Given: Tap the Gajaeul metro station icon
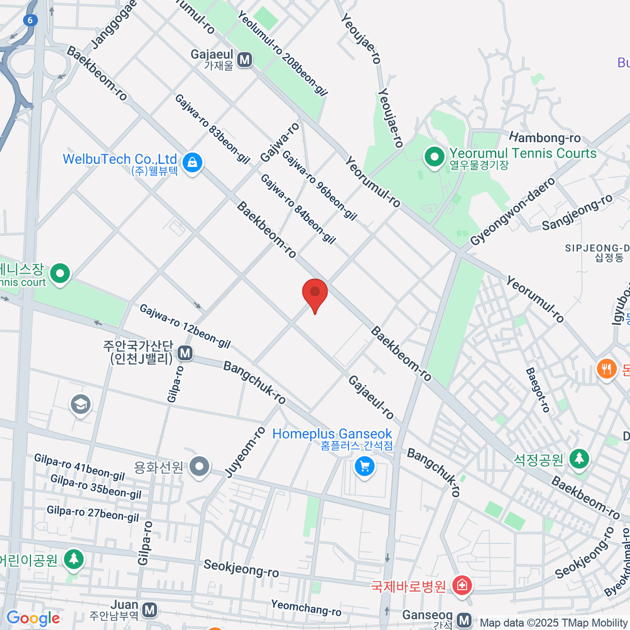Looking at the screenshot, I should (x=244, y=60).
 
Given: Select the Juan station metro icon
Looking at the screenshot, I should (x=150, y=610).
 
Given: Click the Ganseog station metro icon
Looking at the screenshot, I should (x=464, y=620).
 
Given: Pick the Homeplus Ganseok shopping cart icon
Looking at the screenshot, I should (x=364, y=466).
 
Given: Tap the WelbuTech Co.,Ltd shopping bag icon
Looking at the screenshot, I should (x=193, y=163).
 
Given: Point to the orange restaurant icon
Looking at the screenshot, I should (x=606, y=369).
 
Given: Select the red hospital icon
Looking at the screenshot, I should (x=462, y=585).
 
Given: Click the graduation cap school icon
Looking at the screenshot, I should (x=80, y=404).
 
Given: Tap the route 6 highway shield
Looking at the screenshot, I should (x=31, y=20).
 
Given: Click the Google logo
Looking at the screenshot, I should (x=33, y=618).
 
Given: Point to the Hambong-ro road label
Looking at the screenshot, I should (x=545, y=138).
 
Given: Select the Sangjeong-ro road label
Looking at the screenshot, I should (x=577, y=212).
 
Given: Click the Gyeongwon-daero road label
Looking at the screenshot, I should (x=512, y=212).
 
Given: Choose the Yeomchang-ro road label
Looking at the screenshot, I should (x=306, y=607).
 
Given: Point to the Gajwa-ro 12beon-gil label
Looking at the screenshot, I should (x=185, y=326).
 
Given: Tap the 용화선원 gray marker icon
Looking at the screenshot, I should (x=199, y=466).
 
